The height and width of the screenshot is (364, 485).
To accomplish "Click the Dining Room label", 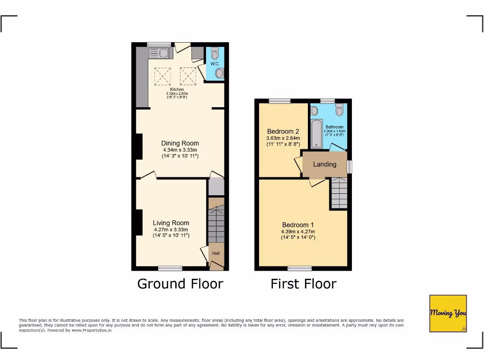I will pyautogui.click(x=180, y=143).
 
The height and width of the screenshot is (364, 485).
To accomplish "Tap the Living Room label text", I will pyautogui.click(x=171, y=223).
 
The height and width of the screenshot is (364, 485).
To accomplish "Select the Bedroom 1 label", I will pyautogui.click(x=298, y=225).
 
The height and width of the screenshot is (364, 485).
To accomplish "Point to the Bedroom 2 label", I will pyautogui.click(x=283, y=131).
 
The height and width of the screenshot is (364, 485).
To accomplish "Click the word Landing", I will pyautogui.click(x=324, y=164).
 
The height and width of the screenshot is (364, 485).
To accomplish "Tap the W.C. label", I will pyautogui.click(x=215, y=64).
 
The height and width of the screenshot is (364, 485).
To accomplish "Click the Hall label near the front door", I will pyautogui.click(x=216, y=253).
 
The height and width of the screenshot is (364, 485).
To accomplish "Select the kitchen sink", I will pyautogui.click(x=159, y=53).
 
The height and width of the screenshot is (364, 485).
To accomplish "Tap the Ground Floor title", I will pyautogui.click(x=180, y=283).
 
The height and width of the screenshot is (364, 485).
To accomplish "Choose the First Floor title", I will pyautogui.click(x=303, y=283).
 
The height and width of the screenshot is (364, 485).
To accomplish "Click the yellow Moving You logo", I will pyautogui.click(x=448, y=313).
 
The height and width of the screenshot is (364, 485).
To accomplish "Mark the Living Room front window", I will pyautogui.click(x=170, y=268).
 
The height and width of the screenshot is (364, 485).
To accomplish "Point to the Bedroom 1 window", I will pyautogui.click(x=299, y=268).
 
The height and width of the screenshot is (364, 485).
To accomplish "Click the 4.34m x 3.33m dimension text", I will pyautogui.click(x=180, y=150).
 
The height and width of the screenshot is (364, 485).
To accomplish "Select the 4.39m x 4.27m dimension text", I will pyautogui.click(x=298, y=232).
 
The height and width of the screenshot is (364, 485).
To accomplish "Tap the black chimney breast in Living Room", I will pyautogui.click(x=139, y=222).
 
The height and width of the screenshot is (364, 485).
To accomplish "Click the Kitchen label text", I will pyautogui.click(x=177, y=89).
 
